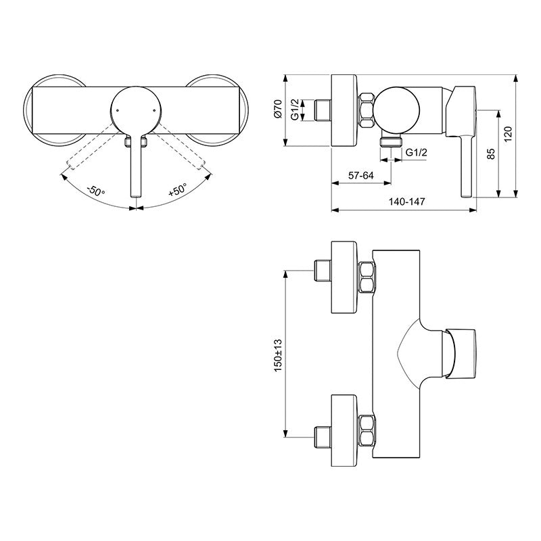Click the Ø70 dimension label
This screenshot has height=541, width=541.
coord(278,110)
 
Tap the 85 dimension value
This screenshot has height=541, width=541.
coord(491,154)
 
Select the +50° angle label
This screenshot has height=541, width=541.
coord(177,191)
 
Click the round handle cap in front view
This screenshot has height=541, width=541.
coord(135,110)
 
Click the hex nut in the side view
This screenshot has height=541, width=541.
coord(366,110)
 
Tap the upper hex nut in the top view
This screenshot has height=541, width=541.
coord(367,277)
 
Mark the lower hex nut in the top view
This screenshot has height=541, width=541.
coord(367,431)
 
